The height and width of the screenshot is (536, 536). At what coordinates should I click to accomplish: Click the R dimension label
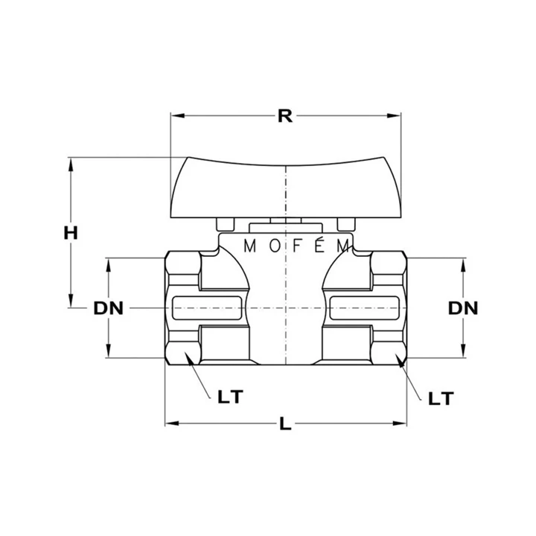tap(284, 116)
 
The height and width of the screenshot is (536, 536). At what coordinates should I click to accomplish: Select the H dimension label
tap(71, 233)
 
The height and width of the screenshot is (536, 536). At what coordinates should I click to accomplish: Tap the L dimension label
tap(285, 424)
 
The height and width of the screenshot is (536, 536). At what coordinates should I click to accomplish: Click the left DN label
tap(109, 308)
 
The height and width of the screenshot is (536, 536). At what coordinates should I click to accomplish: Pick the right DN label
tap(463, 308)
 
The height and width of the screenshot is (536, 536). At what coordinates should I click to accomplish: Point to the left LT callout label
tap(230, 397)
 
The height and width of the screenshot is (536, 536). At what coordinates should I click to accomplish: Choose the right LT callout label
tap(441, 398)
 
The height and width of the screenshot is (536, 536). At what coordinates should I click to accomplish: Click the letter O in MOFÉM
tap(275, 246)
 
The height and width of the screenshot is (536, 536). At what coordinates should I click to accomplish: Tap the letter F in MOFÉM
tap(297, 246)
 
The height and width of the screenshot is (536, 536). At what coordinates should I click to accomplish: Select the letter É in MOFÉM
tap(319, 244)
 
